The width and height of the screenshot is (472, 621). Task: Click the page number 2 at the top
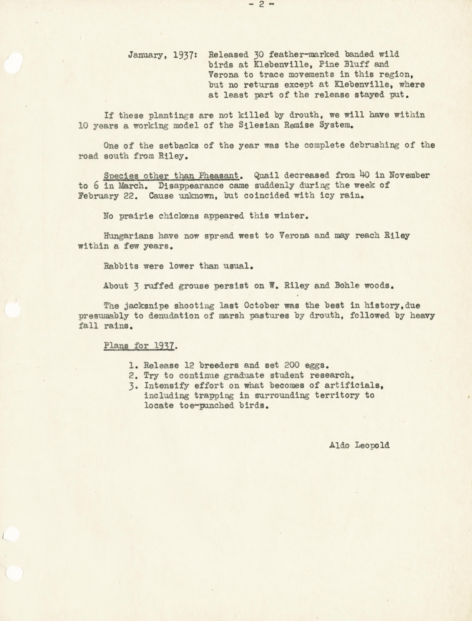pyautogui.click(x=261, y=4)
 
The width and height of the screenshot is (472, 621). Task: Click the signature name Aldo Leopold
pyautogui.click(x=359, y=445)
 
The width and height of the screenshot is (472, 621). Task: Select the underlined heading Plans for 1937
pyautogui.click(x=139, y=346)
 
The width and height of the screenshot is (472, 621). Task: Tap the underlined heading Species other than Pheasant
pyautogui.click(x=171, y=175)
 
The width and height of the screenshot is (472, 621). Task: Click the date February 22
pyautogui.click(x=108, y=196)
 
